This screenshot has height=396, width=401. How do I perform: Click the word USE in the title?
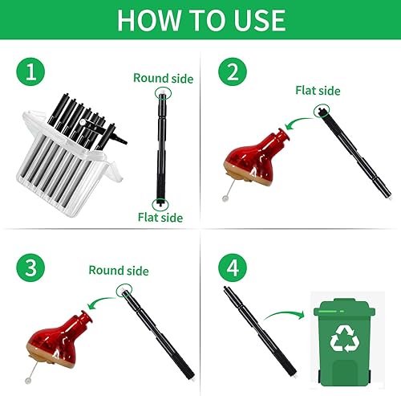click(257, 19)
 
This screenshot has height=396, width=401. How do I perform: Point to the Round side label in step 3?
click(118, 271)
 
